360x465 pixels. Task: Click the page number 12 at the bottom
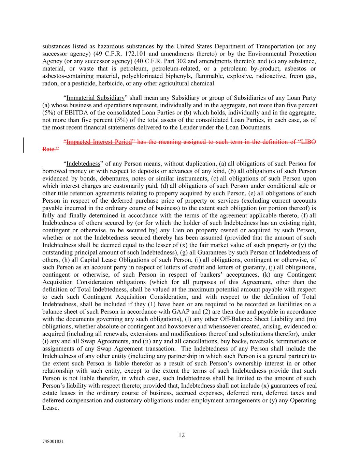coord(182,435)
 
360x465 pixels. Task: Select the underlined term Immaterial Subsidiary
coord(95,98)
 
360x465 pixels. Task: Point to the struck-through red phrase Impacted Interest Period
coord(99,142)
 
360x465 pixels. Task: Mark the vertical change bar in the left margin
coord(24,145)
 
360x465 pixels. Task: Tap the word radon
coord(49,83)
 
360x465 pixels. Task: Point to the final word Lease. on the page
coord(51,408)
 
